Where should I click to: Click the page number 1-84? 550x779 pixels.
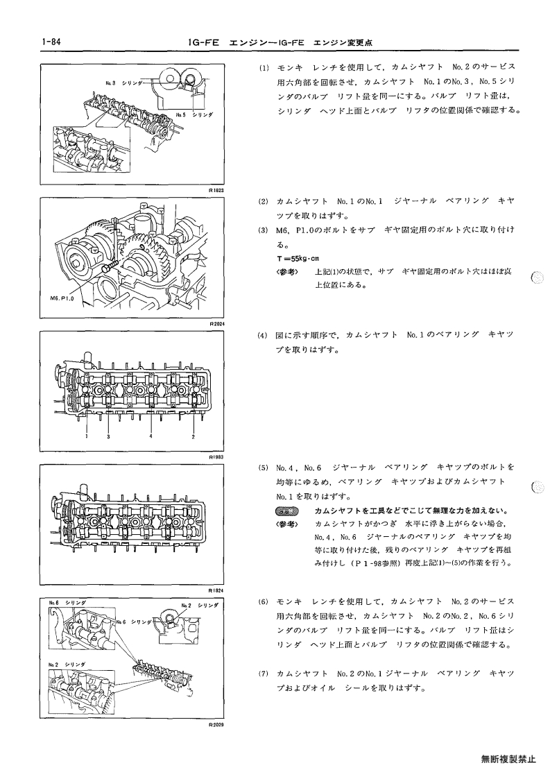point(52,42)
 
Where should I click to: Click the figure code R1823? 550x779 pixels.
point(217,190)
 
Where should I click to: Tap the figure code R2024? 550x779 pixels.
point(217,323)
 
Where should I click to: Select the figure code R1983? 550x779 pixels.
point(217,456)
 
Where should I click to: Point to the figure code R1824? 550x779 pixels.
point(217,590)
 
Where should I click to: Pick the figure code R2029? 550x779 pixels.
point(217,724)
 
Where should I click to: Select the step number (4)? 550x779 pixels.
point(262,335)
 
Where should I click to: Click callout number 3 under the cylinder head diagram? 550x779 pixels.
point(108,436)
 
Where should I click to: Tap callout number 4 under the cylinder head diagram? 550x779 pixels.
point(151,436)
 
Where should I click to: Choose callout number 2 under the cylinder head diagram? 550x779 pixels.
point(194,437)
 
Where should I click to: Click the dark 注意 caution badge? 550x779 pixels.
point(285,511)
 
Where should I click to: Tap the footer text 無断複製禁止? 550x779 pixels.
point(508,759)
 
